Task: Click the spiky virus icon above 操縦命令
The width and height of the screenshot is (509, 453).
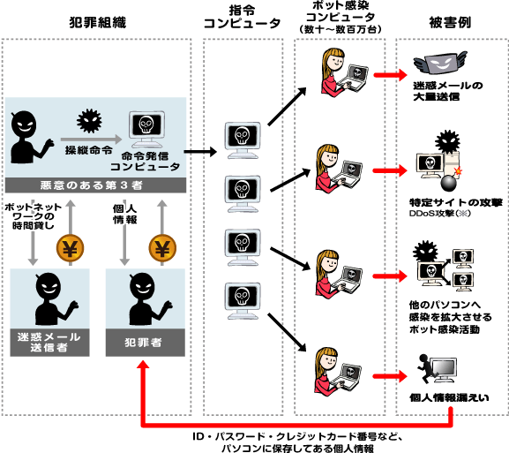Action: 88,121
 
